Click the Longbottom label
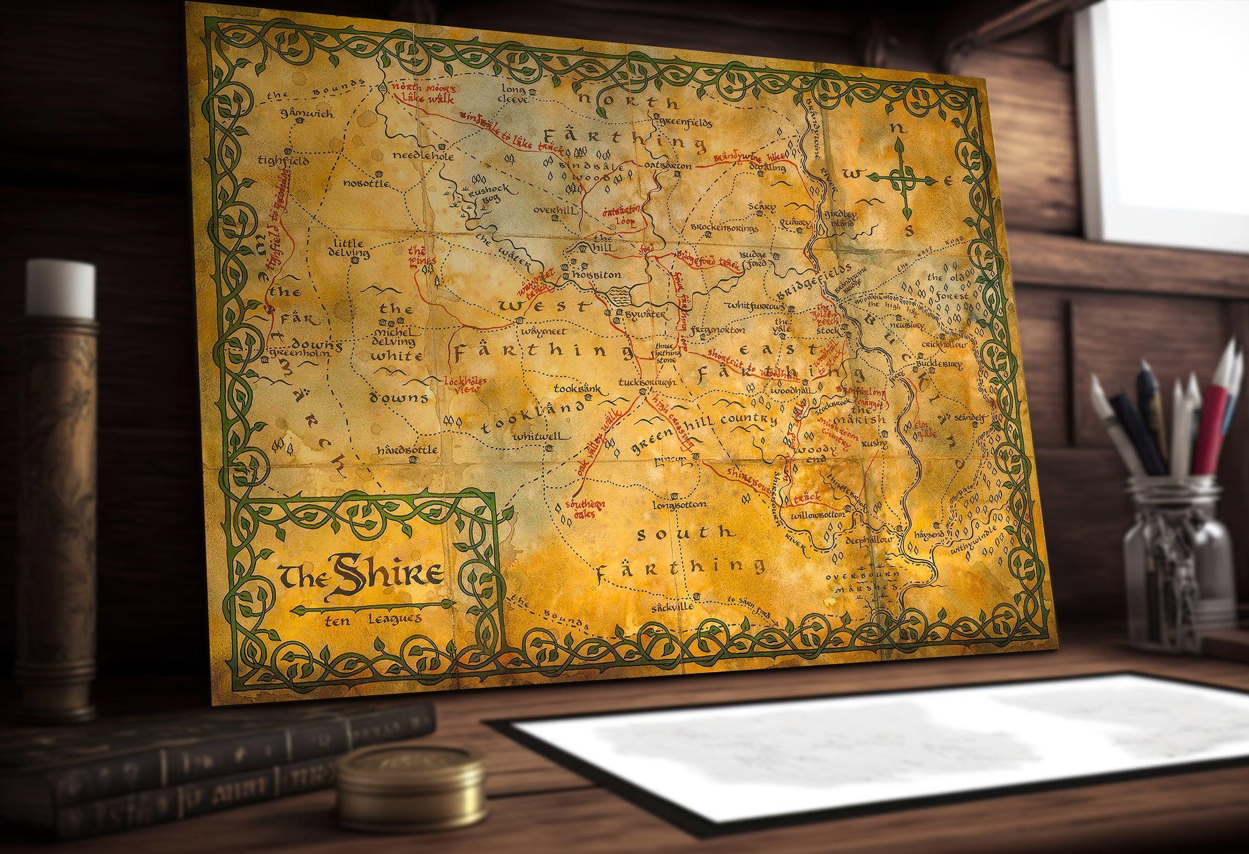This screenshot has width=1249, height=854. [679, 505]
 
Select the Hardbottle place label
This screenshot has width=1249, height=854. [407, 451]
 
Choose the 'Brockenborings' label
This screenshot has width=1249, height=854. [724, 228]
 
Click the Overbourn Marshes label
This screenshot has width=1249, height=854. [862, 581]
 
